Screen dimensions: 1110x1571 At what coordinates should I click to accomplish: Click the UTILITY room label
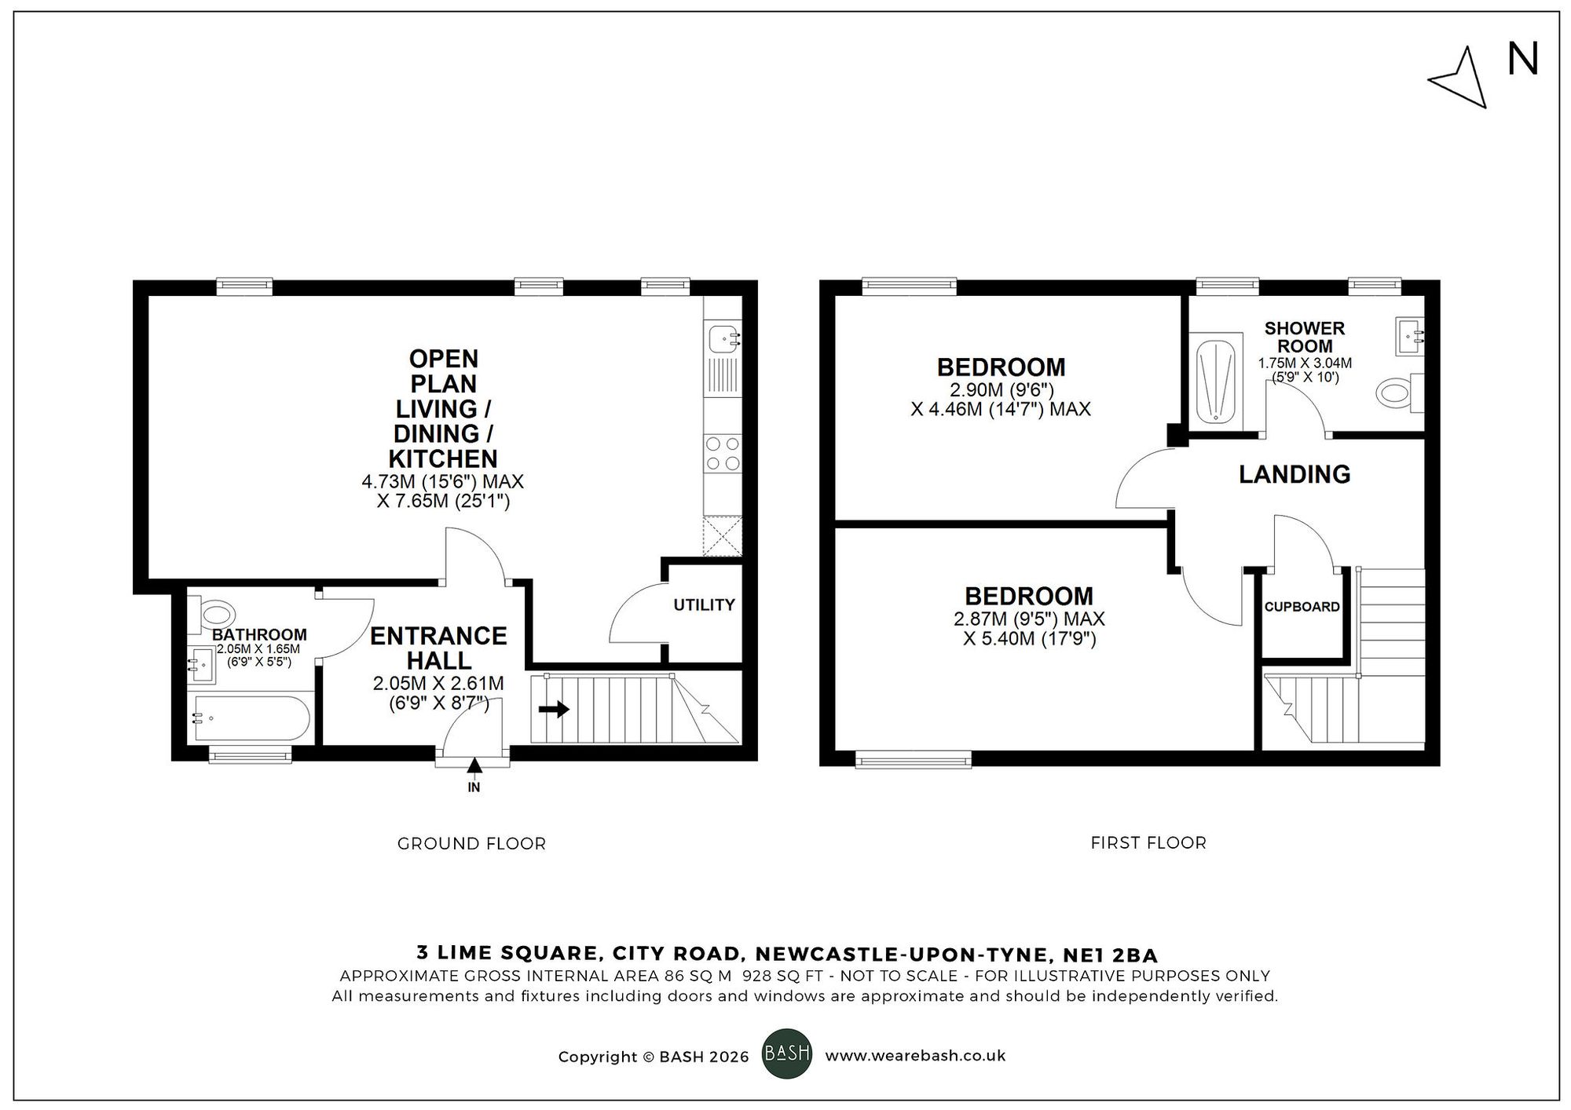point(704,604)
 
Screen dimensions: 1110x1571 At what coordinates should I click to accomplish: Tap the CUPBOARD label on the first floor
point(1302,607)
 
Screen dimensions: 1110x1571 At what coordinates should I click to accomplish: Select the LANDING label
point(1295,474)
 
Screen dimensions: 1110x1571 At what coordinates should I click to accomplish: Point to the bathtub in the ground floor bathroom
point(251,717)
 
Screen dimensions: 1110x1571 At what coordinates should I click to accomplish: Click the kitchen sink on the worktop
point(723,340)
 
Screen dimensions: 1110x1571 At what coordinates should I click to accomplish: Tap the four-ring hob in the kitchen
point(723,454)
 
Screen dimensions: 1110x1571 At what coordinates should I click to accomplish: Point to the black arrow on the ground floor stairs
point(555,710)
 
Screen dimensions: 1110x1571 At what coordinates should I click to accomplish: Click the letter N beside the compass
point(1523,60)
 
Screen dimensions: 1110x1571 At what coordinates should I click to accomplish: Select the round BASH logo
point(787,1053)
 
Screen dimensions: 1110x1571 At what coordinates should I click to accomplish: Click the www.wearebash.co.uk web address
point(915,1056)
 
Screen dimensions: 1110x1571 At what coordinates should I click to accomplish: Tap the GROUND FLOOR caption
point(471,844)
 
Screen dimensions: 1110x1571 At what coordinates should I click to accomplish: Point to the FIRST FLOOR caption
point(1148,843)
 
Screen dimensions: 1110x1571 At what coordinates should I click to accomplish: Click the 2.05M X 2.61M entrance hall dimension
point(438,684)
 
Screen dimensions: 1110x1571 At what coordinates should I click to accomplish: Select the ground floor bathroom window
point(250,755)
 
